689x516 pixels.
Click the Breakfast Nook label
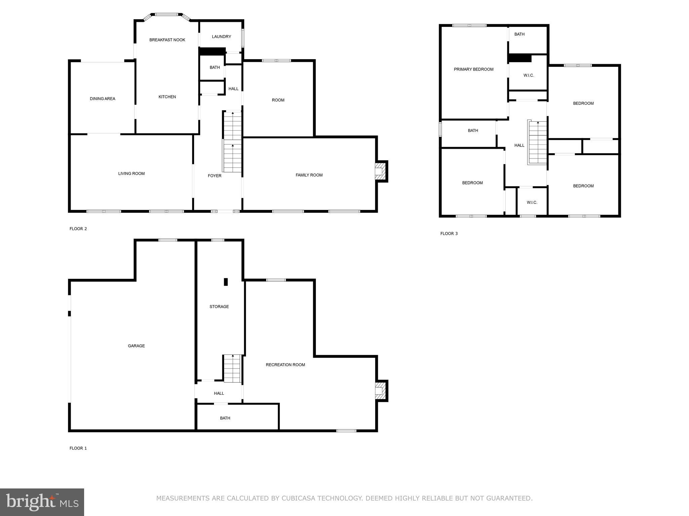click(x=167, y=40)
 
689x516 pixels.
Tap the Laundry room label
click(x=221, y=37)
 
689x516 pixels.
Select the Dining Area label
click(x=102, y=99)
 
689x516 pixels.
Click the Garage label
click(x=136, y=346)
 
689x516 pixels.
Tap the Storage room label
click(x=219, y=307)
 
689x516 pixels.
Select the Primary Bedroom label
click(x=473, y=70)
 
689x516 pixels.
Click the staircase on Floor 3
click(x=538, y=143)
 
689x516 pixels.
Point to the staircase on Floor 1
click(x=232, y=369)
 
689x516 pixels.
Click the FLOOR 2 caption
click(x=78, y=229)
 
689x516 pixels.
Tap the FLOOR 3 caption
click(x=449, y=233)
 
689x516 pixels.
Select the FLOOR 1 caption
click(x=78, y=448)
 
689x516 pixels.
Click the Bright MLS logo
click(x=42, y=502)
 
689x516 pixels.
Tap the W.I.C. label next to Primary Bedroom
click(x=529, y=76)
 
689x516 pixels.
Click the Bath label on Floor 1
click(x=225, y=418)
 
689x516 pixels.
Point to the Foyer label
click(x=214, y=176)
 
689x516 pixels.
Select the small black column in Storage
click(x=226, y=282)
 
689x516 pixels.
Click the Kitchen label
click(x=167, y=97)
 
